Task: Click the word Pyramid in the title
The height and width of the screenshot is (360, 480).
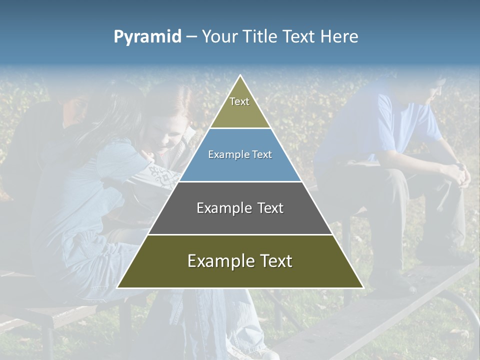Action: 147,37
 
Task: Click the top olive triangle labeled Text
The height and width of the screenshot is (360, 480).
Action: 240,107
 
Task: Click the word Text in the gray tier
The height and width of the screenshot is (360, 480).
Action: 270,208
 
